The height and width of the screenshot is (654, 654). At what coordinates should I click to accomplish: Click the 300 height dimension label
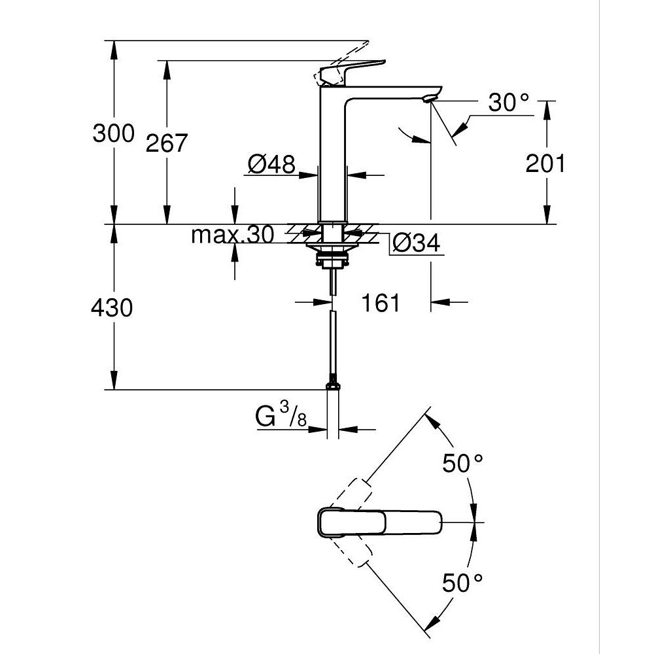[x=113, y=133]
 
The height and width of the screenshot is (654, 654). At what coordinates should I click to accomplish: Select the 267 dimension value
[x=166, y=143]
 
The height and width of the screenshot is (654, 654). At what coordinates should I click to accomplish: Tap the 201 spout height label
[x=545, y=163]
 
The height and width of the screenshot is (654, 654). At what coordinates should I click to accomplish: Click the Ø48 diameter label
[x=271, y=164]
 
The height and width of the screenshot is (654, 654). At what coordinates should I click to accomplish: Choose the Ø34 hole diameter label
[x=416, y=244]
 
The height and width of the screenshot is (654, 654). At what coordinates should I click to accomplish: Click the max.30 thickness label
[x=232, y=235]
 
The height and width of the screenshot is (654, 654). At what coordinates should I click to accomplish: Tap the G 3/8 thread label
[x=282, y=417]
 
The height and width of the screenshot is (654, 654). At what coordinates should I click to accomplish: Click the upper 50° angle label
[x=463, y=464]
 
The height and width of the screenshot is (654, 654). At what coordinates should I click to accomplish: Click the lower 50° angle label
[x=463, y=582]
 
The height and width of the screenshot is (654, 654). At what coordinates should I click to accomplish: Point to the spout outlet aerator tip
[x=428, y=99]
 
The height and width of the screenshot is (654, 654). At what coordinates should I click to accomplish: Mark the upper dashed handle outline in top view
[x=353, y=494]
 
